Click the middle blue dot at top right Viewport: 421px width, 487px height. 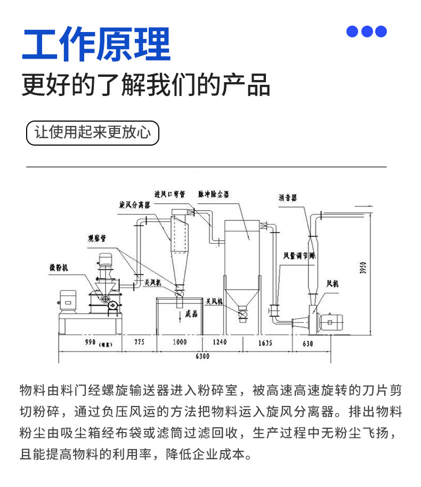[367, 31]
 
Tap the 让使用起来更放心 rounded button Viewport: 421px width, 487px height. [93, 132]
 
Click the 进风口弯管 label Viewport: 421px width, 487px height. [169, 194]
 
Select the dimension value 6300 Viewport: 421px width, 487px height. [202, 356]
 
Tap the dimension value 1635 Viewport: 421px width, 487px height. [265, 342]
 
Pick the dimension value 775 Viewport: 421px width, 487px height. [139, 342]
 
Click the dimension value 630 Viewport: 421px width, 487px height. [307, 344]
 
